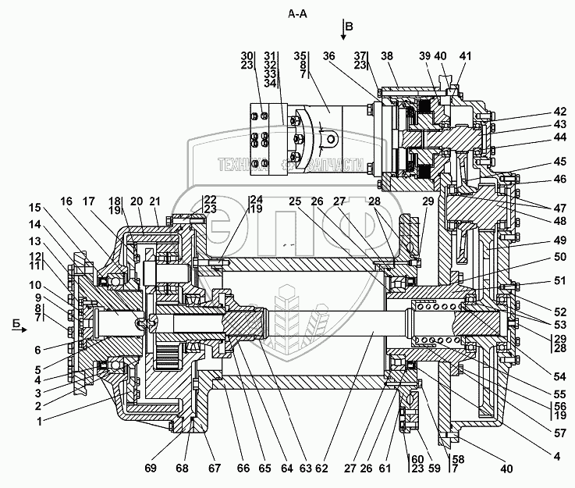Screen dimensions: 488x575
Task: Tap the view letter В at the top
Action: [x=349, y=26]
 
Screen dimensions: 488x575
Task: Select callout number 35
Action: [x=300, y=56]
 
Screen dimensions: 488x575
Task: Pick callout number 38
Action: [x=387, y=56]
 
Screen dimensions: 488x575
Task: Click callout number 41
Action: [x=465, y=56]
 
